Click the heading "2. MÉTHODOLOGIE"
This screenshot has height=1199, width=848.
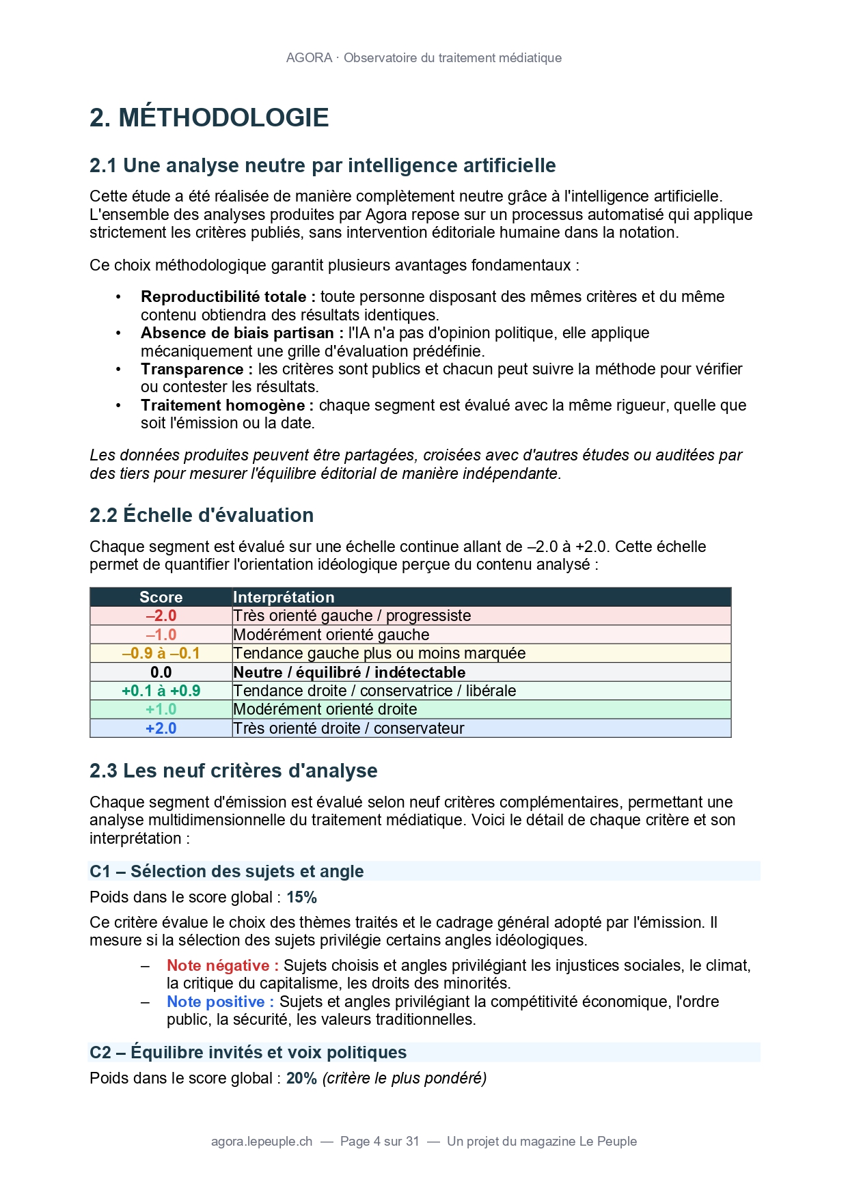[x=209, y=118]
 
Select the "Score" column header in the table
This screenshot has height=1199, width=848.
[x=161, y=597]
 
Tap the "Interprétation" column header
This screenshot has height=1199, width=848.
[x=284, y=597]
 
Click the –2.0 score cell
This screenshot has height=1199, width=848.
[x=161, y=616]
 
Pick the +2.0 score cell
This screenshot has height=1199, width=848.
[x=161, y=728]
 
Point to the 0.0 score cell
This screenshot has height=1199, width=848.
[x=161, y=672]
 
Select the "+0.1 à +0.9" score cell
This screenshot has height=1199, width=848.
[x=161, y=691]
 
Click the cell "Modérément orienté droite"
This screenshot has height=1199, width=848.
[x=325, y=709]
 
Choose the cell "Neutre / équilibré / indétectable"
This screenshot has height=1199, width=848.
[x=349, y=672]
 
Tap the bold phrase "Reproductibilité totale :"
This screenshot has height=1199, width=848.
[x=228, y=297]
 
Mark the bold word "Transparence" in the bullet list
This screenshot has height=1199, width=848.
[x=192, y=369]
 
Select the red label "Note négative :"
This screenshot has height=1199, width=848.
[x=223, y=965]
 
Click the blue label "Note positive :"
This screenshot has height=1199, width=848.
[x=220, y=1002]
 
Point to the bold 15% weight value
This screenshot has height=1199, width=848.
[x=301, y=897]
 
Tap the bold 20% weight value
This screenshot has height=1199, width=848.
[x=301, y=1078]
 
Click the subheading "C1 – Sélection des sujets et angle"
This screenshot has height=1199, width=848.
[x=226, y=871]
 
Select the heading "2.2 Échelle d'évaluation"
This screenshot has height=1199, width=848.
[x=202, y=515]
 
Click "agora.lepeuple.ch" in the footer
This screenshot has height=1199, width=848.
[x=262, y=1141]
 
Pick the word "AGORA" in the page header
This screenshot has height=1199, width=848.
[x=309, y=58]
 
